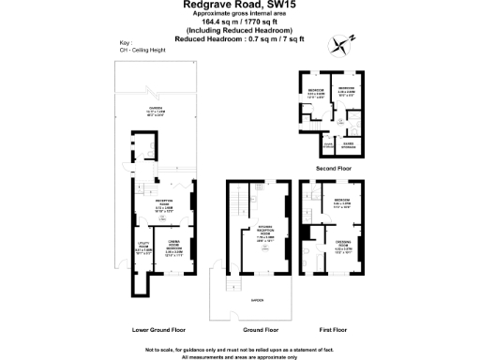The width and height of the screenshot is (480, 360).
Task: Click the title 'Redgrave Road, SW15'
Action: (240, 6)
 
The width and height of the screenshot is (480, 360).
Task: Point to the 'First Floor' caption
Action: (332, 330)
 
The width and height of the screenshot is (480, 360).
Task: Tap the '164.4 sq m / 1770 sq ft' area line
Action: (240, 22)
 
